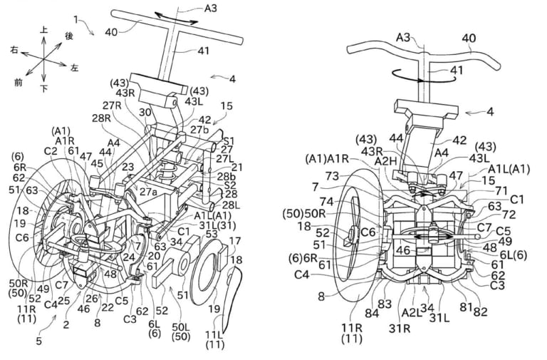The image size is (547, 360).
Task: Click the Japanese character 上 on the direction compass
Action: [45, 31]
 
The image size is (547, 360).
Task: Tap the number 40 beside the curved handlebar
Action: [469, 37]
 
